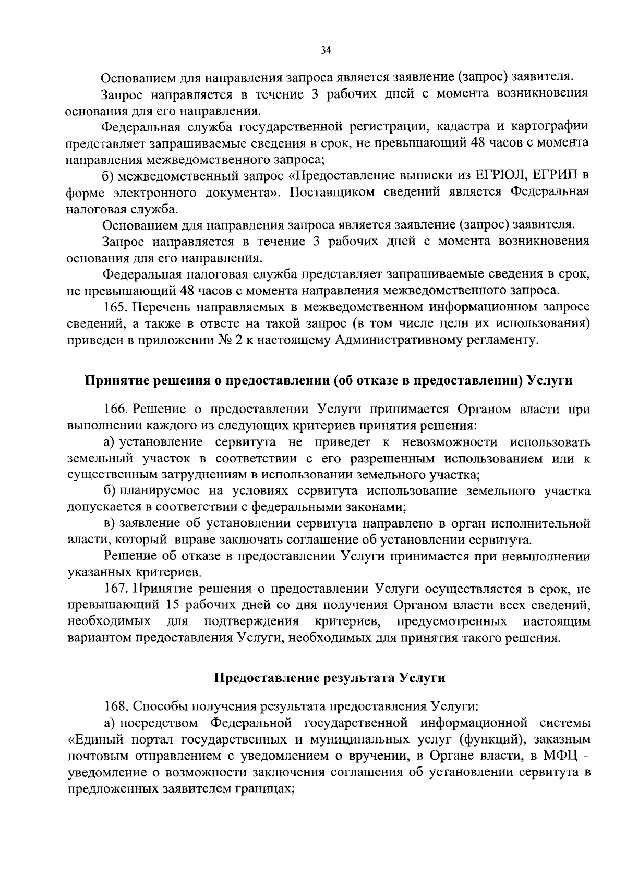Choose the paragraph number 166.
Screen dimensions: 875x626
click(x=115, y=409)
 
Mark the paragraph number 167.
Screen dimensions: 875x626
click(x=115, y=589)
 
